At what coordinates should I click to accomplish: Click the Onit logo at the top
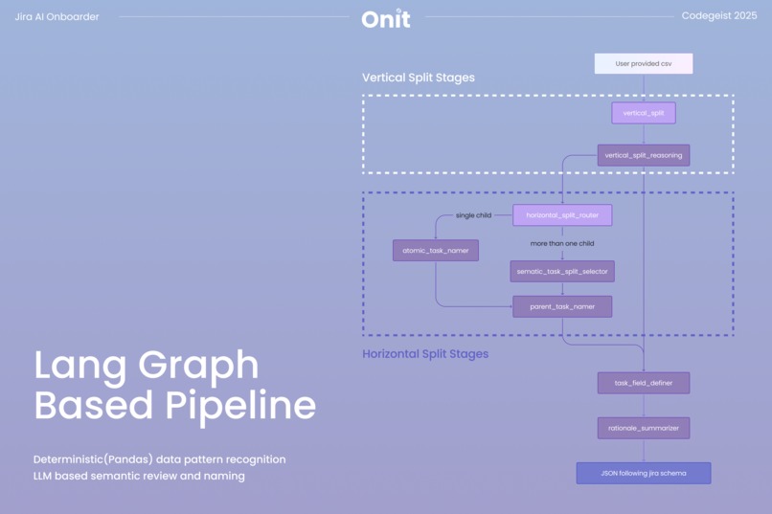pos(386,18)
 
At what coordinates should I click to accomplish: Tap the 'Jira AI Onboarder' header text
pos(57,16)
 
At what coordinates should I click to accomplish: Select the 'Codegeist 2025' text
pos(718,16)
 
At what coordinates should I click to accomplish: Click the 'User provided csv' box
pos(643,64)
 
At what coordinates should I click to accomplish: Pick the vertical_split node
pos(643,113)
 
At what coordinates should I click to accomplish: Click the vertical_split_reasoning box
pos(643,155)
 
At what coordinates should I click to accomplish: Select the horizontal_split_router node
pos(561,215)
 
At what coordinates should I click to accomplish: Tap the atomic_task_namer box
pos(435,250)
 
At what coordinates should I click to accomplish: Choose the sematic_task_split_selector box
pos(561,272)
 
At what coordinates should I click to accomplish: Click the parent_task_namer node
pos(561,306)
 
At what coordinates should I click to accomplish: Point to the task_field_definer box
pos(643,383)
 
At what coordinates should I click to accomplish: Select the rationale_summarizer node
pos(643,428)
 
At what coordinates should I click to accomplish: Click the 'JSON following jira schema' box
pos(643,473)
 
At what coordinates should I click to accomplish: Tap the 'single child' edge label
pos(473,215)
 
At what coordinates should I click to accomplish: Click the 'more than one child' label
pos(561,243)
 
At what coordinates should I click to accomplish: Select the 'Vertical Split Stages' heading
pos(418,78)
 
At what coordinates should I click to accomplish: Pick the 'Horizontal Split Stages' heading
pos(424,354)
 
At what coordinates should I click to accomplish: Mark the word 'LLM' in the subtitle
pos(45,476)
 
